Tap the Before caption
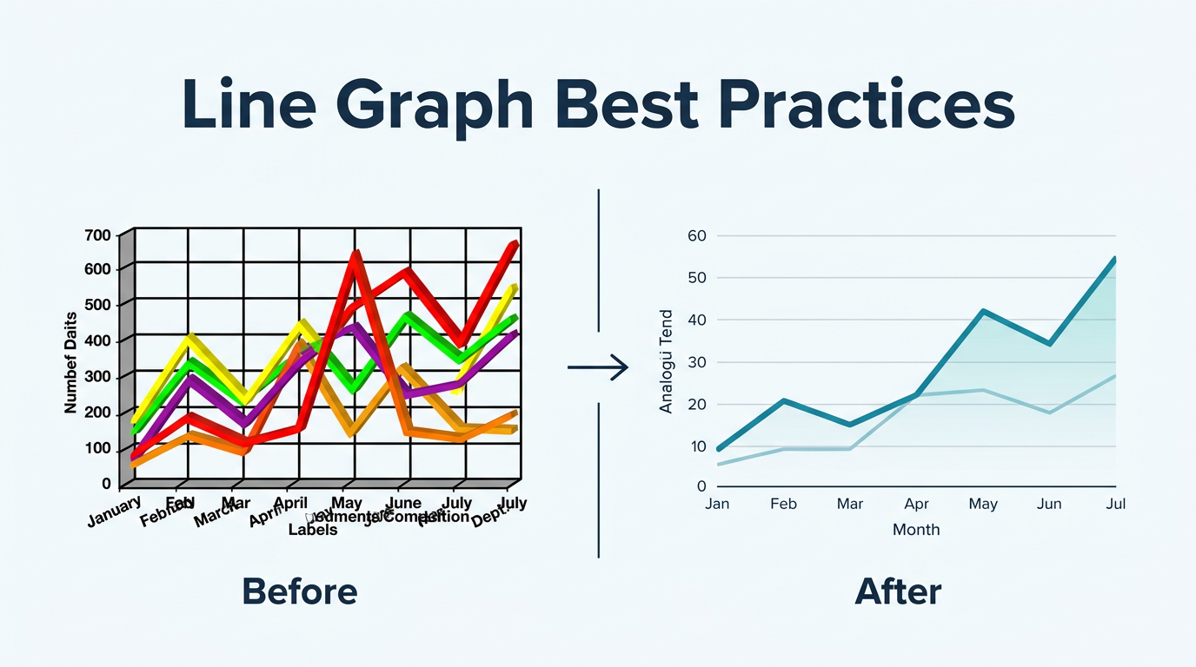[299, 592]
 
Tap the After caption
[898, 592]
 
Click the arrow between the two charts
[598, 367]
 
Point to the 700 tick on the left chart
[98, 235]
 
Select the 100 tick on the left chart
[98, 448]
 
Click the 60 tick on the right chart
[696, 235]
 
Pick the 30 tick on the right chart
[696, 362]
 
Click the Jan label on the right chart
[717, 504]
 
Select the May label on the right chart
[982, 504]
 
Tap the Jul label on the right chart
[1115, 504]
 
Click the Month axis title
[916, 529]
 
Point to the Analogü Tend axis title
[667, 361]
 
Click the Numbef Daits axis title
[71, 361]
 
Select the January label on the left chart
[114, 511]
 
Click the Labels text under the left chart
[313, 529]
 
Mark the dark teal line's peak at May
[982, 311]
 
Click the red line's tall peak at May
[355, 254]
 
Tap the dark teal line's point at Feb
[784, 400]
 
